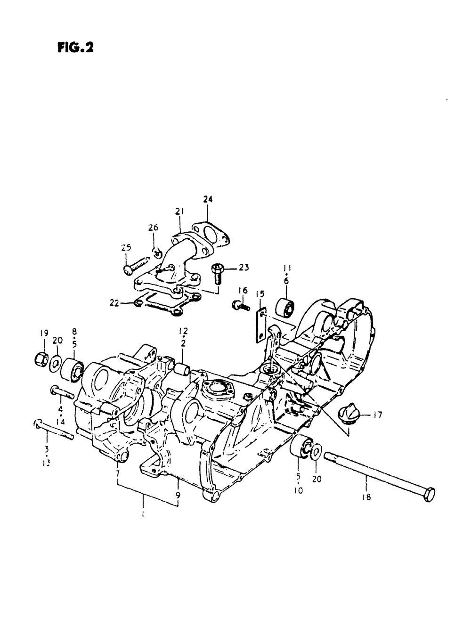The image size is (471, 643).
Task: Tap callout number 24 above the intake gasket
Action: click(208, 200)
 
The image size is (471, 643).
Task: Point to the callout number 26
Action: click(154, 228)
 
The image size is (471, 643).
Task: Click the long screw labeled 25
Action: click(134, 265)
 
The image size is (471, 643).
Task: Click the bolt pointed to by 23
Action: click(218, 272)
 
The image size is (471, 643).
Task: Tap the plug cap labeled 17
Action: click(349, 416)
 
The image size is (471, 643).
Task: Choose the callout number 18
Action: click(367, 496)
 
